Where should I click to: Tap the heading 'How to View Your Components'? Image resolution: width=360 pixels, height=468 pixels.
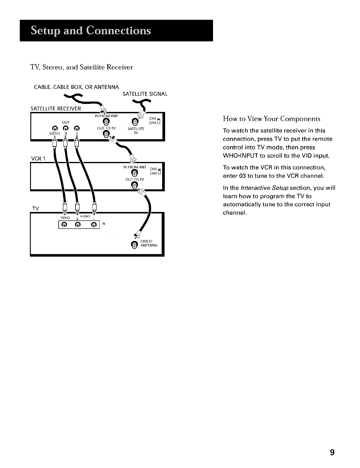(271, 119)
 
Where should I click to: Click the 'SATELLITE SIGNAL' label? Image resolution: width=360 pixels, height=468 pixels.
(145, 94)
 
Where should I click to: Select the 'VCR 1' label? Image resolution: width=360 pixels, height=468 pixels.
(38, 159)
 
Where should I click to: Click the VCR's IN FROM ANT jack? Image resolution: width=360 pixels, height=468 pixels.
(134, 172)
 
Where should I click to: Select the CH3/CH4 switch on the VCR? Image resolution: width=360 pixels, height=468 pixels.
(159, 172)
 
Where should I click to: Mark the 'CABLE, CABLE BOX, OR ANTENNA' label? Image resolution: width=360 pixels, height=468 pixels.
(77, 87)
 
